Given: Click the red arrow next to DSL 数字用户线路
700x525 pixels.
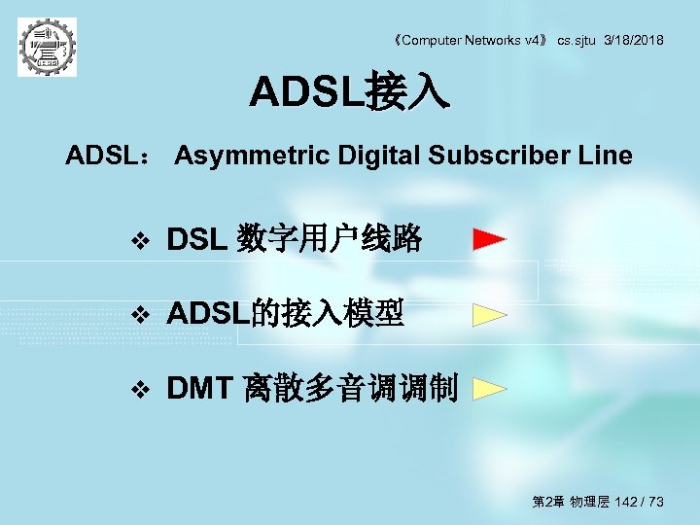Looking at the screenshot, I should [x=489, y=238].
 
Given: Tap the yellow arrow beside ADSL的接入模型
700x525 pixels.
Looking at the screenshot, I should [x=489, y=314].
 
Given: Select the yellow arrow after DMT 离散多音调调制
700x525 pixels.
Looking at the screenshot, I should [x=489, y=390].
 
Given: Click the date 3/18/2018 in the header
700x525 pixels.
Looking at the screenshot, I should [x=634, y=40].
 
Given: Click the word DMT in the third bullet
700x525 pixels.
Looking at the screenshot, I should [x=198, y=390].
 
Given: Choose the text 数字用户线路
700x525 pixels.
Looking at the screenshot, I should [x=331, y=238].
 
